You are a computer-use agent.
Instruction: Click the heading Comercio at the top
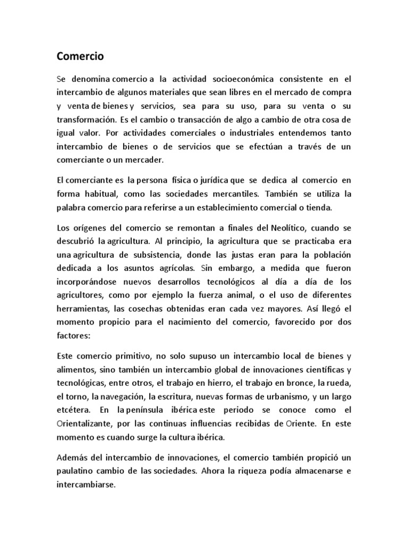pos(80,56)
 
